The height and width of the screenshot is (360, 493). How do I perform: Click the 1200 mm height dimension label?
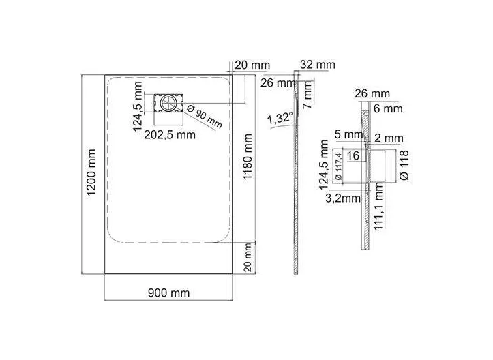(91, 172)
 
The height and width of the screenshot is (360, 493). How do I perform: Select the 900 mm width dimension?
(169, 293)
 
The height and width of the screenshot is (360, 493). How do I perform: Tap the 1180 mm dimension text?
(248, 156)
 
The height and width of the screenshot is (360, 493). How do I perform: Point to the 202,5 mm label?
(170, 135)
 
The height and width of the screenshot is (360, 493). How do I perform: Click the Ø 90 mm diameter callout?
(204, 117)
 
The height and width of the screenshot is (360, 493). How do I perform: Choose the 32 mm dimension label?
(318, 65)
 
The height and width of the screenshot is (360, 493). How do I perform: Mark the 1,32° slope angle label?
(280, 119)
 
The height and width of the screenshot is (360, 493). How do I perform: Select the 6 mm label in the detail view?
(388, 109)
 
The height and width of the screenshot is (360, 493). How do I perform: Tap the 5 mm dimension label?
(348, 134)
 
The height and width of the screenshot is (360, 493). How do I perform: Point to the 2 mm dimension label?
(389, 138)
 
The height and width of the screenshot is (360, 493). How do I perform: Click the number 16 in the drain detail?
(353, 155)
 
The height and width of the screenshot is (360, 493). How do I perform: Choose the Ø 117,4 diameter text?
(339, 166)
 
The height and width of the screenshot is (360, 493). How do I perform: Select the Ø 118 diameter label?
(404, 166)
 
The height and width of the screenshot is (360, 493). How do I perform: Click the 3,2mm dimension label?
(343, 198)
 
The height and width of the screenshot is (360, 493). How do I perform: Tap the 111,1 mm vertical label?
(379, 207)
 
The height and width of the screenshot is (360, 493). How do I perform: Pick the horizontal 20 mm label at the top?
(252, 65)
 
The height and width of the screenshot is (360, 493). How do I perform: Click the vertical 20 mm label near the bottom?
(248, 258)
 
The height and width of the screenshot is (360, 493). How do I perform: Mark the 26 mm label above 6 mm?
(372, 93)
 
